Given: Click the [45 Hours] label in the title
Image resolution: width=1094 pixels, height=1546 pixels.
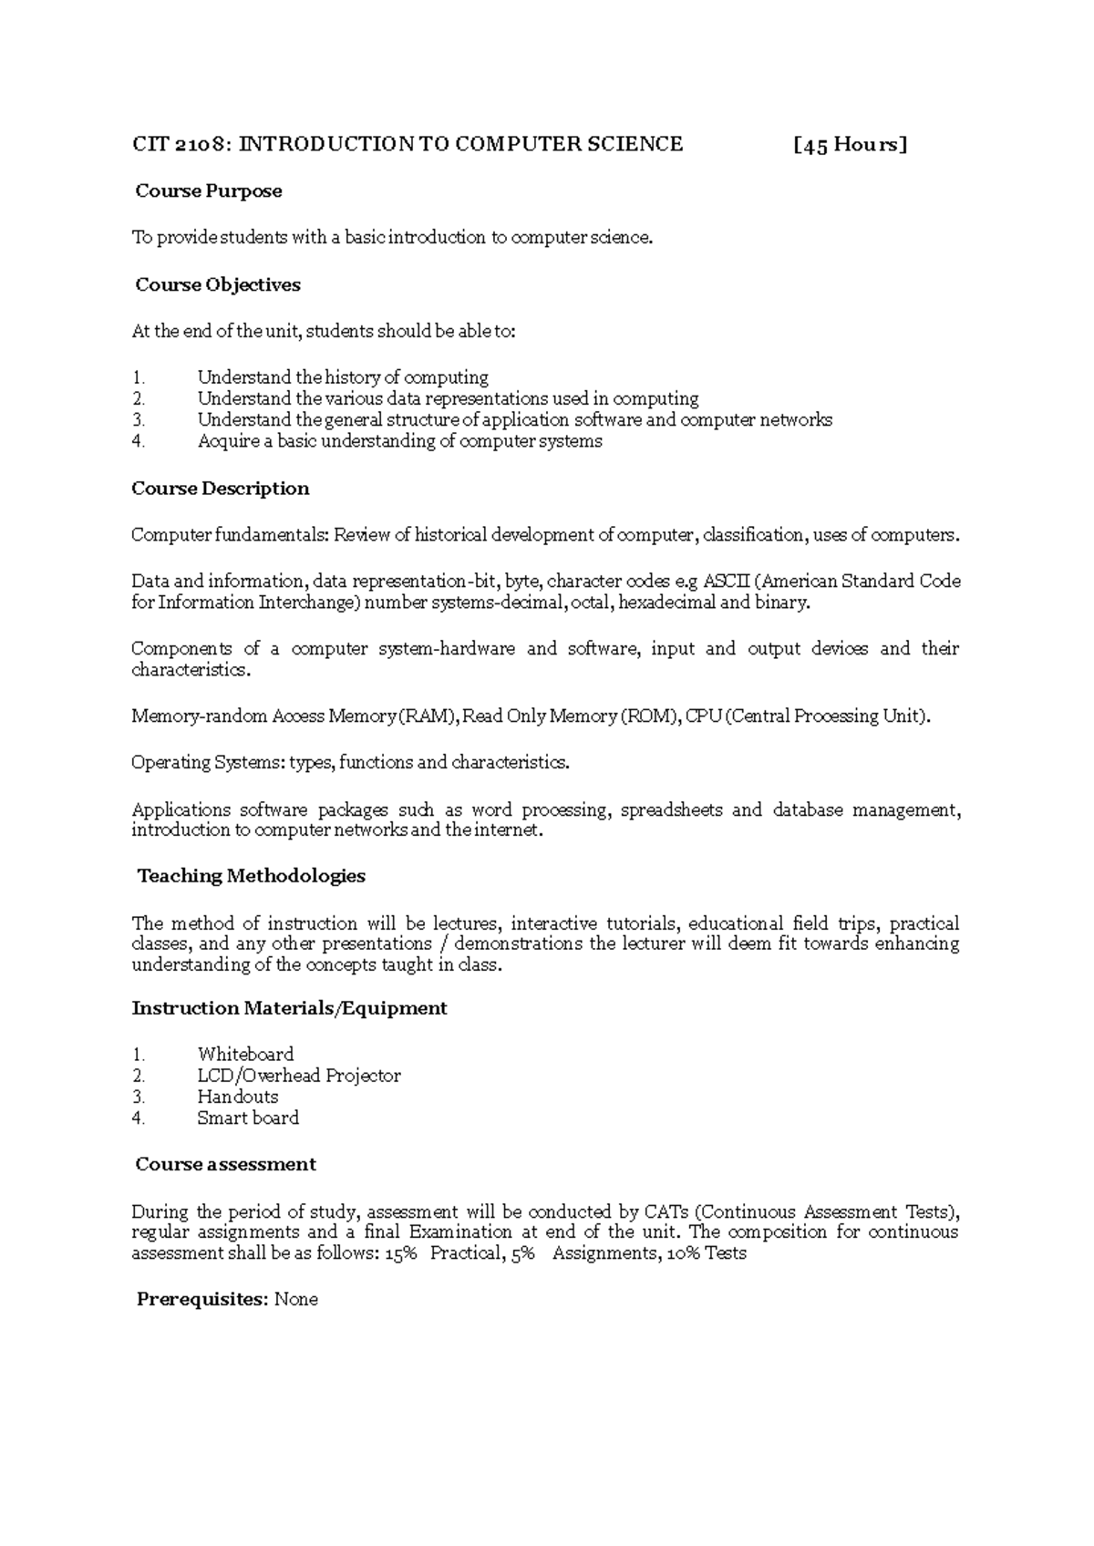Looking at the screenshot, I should coord(850,144).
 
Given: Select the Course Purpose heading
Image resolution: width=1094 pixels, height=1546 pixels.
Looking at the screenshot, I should coord(209,191).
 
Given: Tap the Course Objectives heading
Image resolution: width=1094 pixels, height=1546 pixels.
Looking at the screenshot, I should coord(218,284).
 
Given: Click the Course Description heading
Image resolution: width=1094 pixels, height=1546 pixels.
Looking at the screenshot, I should coord(221,489).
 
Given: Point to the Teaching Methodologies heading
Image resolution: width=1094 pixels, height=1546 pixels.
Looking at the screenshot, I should coord(252,876).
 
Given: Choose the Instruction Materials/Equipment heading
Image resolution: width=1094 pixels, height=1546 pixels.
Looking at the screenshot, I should coord(290,1008).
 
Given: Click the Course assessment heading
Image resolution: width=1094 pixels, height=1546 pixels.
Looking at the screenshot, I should coord(225,1164).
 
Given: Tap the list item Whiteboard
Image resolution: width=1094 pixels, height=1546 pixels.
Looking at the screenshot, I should coord(246,1055).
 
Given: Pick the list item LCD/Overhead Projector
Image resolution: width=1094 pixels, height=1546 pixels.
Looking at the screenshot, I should coord(299,1076).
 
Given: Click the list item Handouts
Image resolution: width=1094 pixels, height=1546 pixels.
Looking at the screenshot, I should coord(238,1097).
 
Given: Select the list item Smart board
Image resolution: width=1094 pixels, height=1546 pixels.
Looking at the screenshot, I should coord(248,1118).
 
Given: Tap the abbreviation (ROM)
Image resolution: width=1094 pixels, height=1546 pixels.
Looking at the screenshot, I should coord(649,716).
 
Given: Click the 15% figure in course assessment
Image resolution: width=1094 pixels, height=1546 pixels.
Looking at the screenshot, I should coord(400,1253).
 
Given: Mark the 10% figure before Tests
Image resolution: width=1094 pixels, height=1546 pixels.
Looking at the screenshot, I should coord(686,1253).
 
